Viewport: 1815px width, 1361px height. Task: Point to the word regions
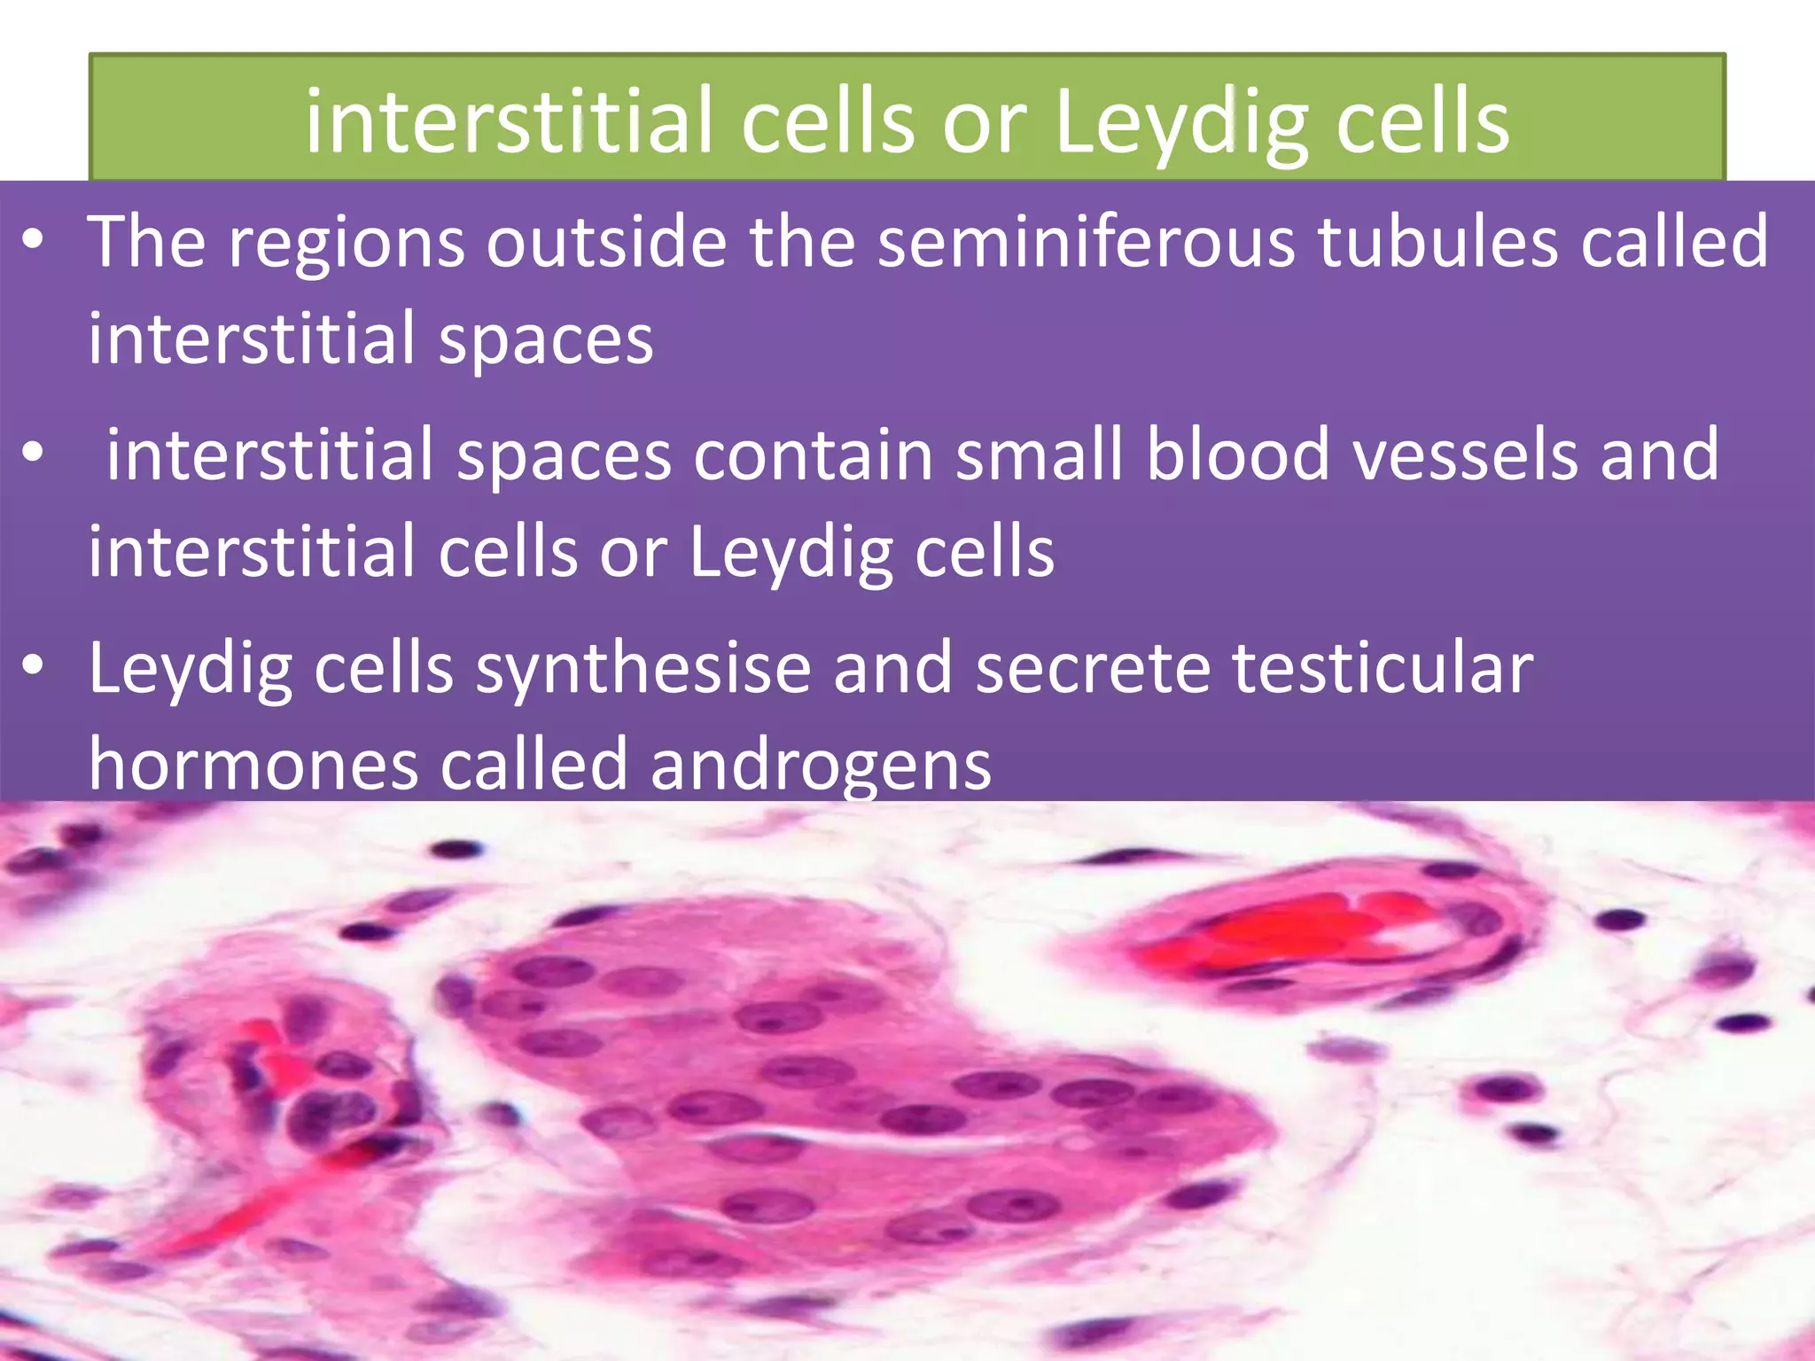click(347, 242)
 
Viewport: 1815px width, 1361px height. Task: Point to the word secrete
click(1093, 668)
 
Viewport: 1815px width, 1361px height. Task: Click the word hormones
click(253, 765)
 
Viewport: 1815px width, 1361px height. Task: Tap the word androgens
click(821, 765)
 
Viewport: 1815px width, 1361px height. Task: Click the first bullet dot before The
click(33, 241)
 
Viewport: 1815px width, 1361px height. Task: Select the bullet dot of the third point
click(33, 667)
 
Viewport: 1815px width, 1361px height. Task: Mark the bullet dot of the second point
click(33, 454)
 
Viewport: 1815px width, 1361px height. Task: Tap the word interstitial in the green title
click(510, 122)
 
